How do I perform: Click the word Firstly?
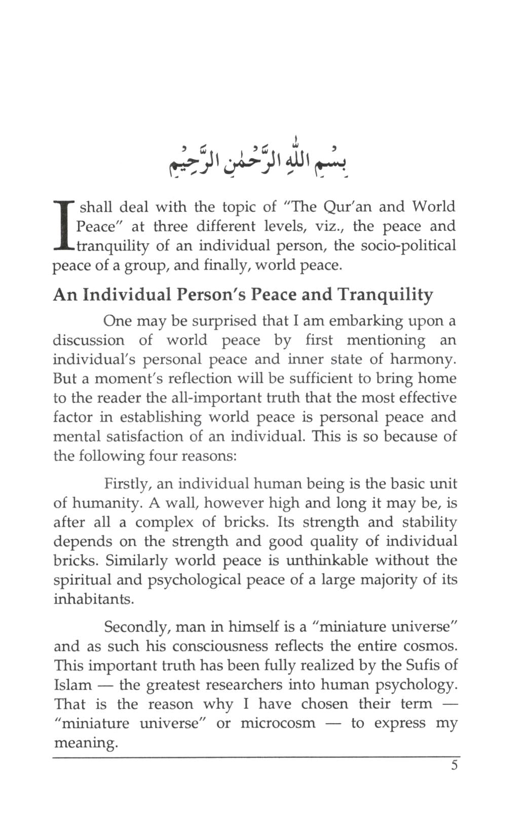click(128, 484)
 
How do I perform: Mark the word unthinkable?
click(337, 561)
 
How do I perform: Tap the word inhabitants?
click(94, 599)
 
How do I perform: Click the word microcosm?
click(278, 723)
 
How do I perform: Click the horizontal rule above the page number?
click(256, 758)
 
